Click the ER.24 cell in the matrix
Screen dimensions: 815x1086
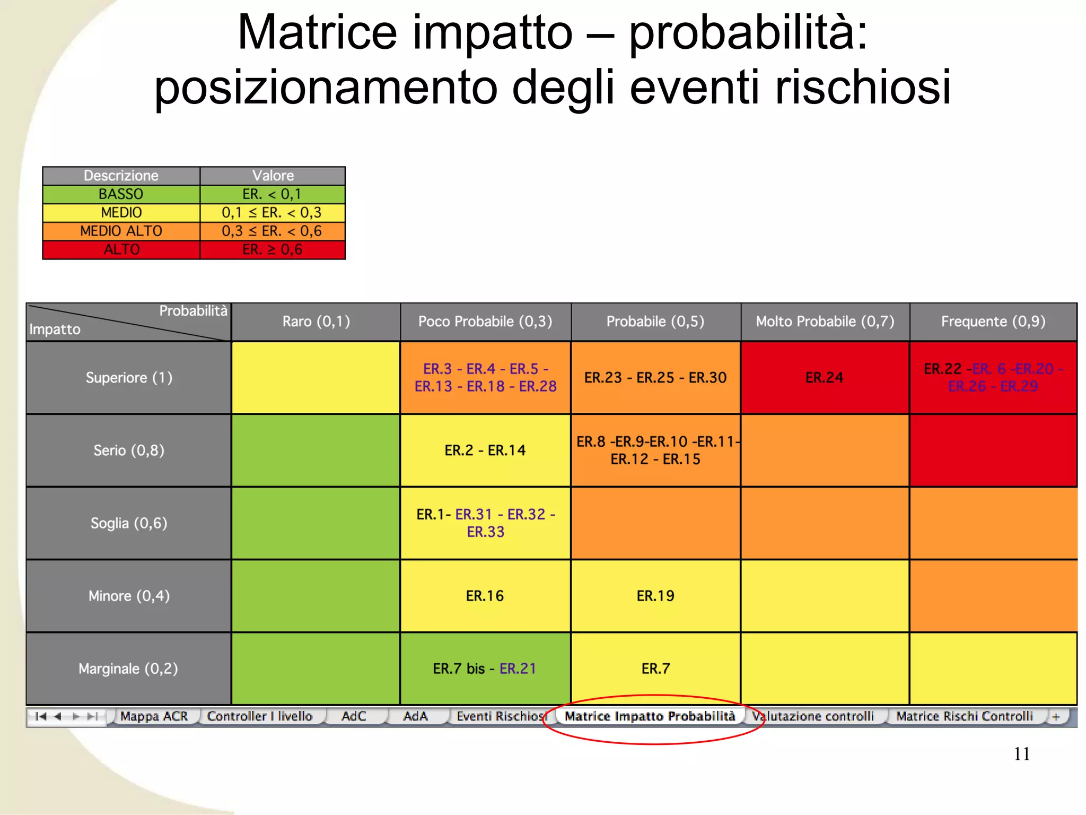[824, 377]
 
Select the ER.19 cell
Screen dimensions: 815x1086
[655, 596]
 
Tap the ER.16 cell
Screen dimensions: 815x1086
[485, 596]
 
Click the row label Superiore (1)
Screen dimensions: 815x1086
[129, 377]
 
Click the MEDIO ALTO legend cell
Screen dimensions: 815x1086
[121, 231]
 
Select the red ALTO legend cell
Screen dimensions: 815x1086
[121, 249]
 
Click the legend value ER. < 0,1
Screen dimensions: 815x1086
[272, 194]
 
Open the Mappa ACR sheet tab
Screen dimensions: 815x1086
[154, 716]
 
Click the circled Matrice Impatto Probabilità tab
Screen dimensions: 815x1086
[650, 716]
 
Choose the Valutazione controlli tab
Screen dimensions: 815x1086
[813, 716]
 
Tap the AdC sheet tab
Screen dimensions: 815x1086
[354, 716]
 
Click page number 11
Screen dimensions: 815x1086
[1021, 754]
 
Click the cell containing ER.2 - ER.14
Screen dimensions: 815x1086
[485, 450]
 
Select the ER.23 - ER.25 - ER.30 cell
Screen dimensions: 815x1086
[655, 377]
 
